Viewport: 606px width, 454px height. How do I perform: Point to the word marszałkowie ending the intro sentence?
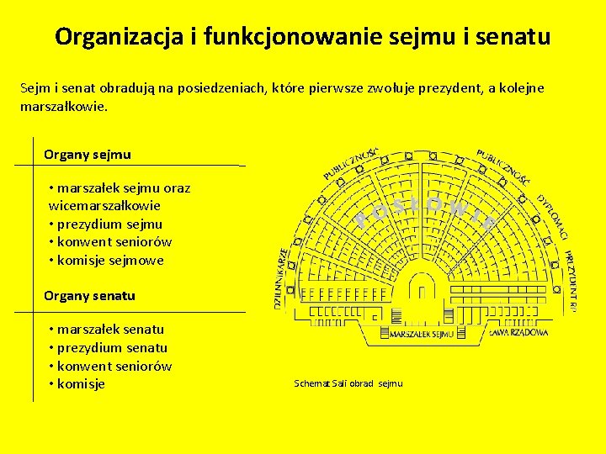[x=64, y=108]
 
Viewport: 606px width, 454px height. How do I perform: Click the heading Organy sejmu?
[x=88, y=155]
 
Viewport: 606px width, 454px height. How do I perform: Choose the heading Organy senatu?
[x=89, y=296]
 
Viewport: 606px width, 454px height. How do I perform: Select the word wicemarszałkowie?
[x=104, y=205]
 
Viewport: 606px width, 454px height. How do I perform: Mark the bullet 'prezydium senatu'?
[x=112, y=348]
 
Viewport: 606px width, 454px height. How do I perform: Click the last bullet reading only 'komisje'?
[x=81, y=384]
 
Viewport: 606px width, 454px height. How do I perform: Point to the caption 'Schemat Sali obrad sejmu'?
[x=348, y=383]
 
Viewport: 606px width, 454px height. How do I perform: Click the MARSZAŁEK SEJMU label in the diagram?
[x=421, y=334]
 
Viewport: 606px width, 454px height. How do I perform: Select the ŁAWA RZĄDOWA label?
[x=518, y=332]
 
